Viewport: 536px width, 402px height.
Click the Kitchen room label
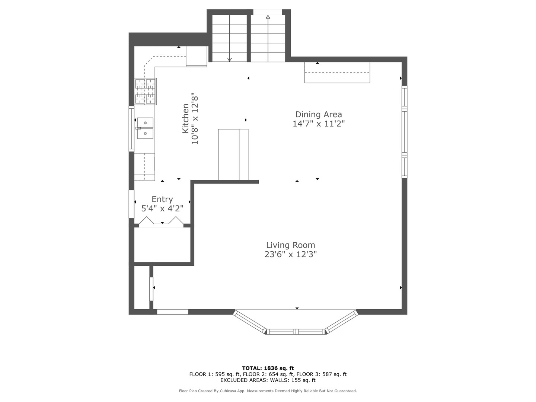(x=186, y=118)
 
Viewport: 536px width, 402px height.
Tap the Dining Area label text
(x=318, y=114)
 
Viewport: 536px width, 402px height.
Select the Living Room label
(x=290, y=245)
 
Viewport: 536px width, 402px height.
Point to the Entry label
(x=162, y=199)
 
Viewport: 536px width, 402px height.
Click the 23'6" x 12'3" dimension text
(x=290, y=254)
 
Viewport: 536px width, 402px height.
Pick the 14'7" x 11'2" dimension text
(x=318, y=124)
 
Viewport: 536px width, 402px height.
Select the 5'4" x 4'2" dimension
(x=162, y=208)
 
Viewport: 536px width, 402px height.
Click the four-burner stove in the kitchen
(x=145, y=92)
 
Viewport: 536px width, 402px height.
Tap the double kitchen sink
(x=145, y=128)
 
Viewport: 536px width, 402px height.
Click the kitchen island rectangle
(x=233, y=154)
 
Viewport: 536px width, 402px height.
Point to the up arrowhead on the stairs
(x=268, y=17)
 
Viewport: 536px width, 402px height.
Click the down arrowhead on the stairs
(x=229, y=60)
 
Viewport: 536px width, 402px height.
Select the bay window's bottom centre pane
(x=296, y=331)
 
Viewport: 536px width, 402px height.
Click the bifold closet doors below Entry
(x=161, y=220)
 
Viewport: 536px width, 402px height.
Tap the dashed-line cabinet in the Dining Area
(x=337, y=73)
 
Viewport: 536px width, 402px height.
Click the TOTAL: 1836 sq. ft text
(x=268, y=368)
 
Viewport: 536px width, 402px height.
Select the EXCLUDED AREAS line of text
(x=268, y=380)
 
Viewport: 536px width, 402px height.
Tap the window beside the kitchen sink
(x=131, y=129)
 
